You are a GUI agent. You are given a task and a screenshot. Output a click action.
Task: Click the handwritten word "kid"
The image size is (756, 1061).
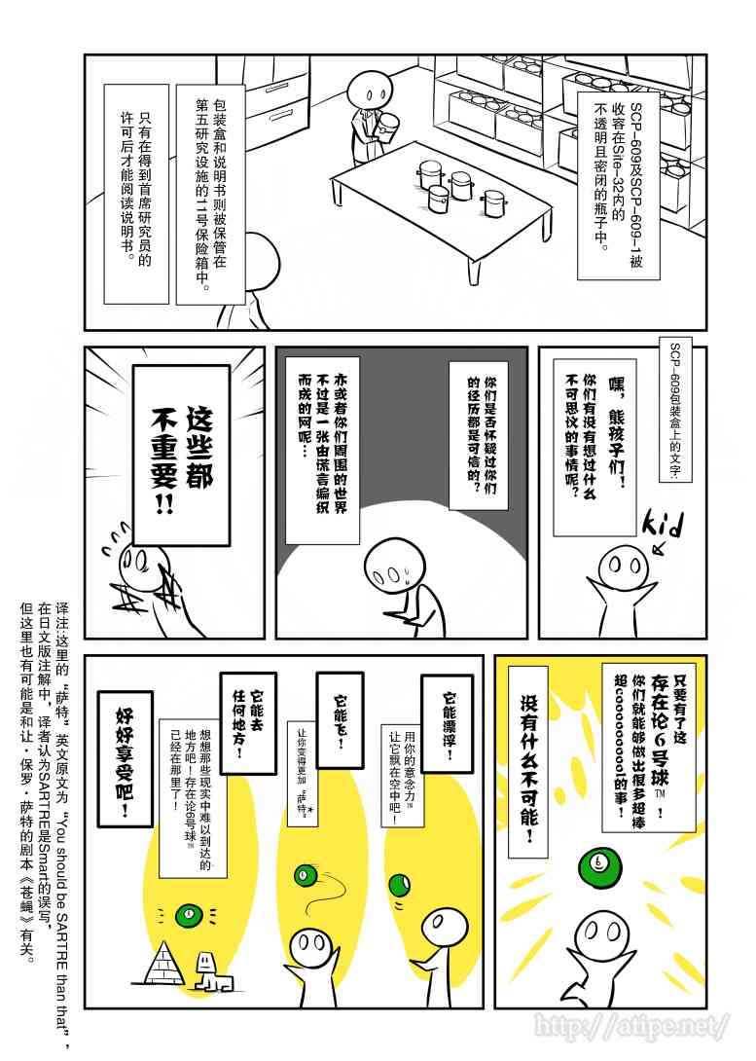(x=663, y=526)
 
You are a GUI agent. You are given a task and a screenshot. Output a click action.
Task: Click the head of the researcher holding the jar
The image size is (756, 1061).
(x=368, y=89)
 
